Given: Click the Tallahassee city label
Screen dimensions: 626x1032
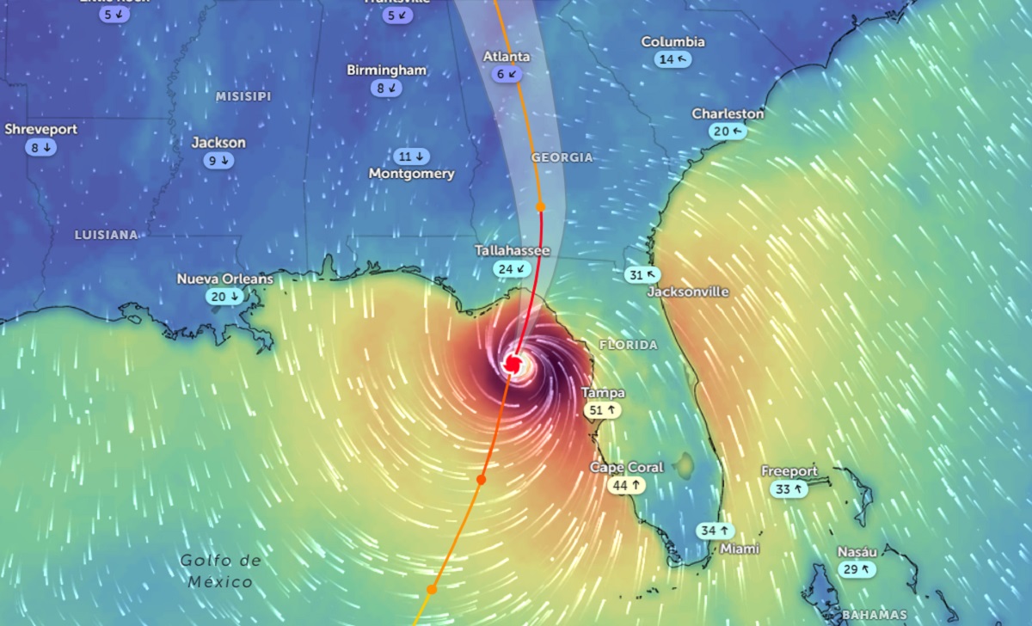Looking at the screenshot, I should point(513,250).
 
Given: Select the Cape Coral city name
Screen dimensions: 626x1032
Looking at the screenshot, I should point(626,467).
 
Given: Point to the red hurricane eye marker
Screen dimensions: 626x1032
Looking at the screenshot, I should point(513,364).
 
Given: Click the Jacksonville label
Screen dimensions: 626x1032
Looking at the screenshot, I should point(687,292).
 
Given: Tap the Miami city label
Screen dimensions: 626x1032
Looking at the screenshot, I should point(740,549).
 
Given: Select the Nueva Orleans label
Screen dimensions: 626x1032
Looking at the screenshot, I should point(224,279).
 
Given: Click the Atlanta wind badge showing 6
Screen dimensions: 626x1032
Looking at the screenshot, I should point(507,74).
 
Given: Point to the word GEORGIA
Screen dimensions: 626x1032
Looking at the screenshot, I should point(562,157).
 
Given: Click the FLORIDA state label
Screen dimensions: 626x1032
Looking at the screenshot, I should point(628,345).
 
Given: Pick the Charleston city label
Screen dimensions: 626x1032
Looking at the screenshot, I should point(728,114).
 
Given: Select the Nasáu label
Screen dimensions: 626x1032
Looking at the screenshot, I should point(857,552).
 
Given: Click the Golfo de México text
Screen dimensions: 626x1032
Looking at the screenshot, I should point(219,571).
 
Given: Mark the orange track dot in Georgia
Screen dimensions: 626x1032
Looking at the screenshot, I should point(541,206).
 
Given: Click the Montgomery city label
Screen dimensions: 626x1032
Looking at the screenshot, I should point(411,174).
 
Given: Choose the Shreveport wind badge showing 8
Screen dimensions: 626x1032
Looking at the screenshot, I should point(40,147).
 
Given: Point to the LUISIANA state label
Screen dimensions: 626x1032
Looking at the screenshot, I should point(106,234).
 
